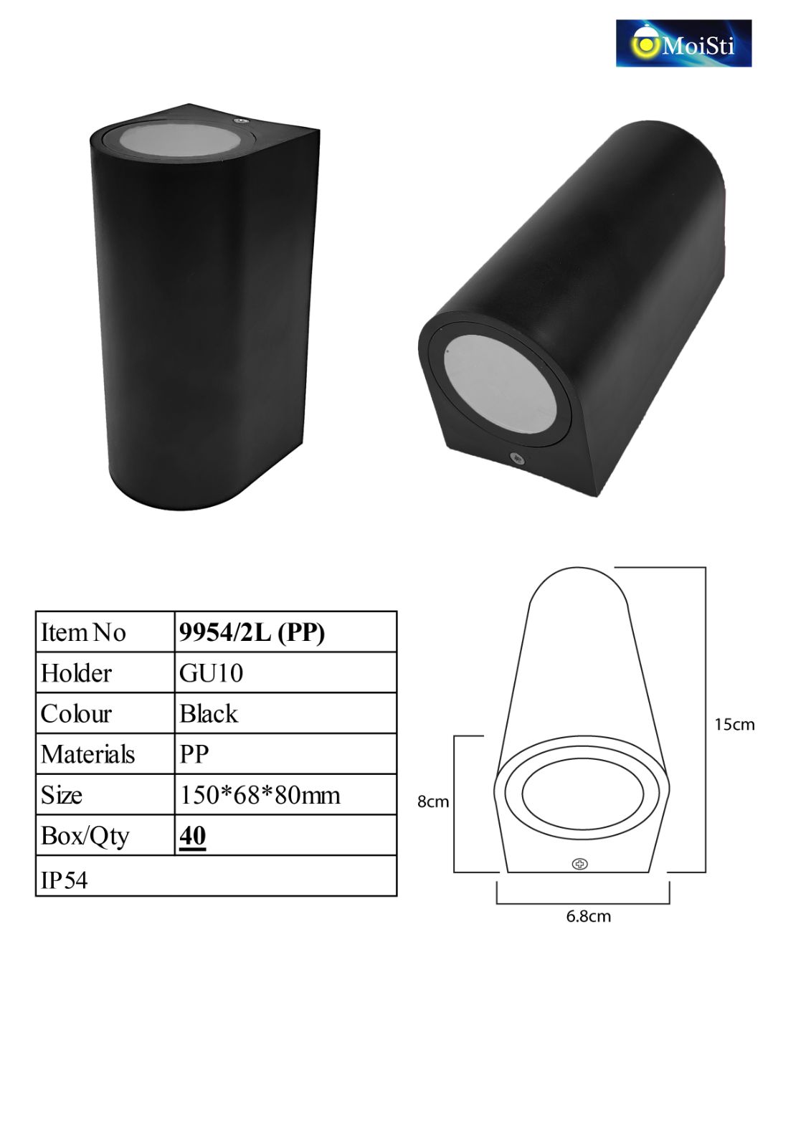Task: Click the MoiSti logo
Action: (683, 43)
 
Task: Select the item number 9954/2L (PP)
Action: (252, 632)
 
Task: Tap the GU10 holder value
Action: (211, 673)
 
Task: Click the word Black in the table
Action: (209, 713)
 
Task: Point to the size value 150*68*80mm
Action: (260, 795)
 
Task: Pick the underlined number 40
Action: (193, 835)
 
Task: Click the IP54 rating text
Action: (64, 880)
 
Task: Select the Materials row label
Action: (87, 754)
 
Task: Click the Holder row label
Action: (76, 673)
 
